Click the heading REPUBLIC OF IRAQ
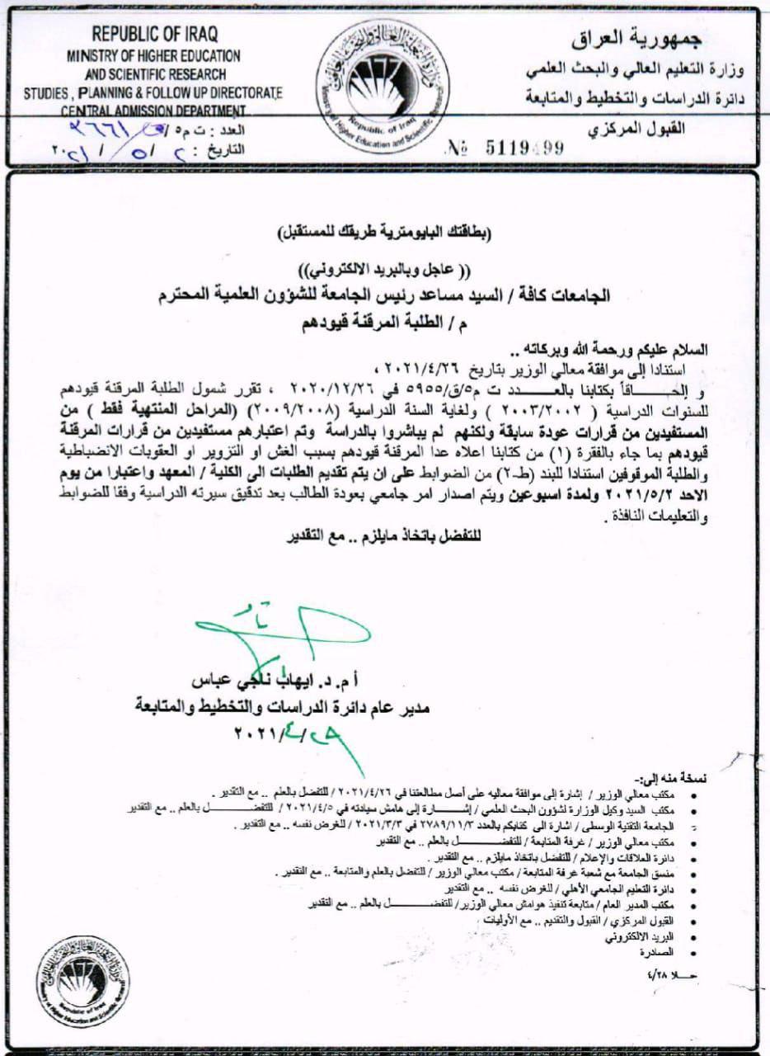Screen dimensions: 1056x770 (x=154, y=35)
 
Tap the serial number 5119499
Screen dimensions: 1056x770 (x=511, y=148)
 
